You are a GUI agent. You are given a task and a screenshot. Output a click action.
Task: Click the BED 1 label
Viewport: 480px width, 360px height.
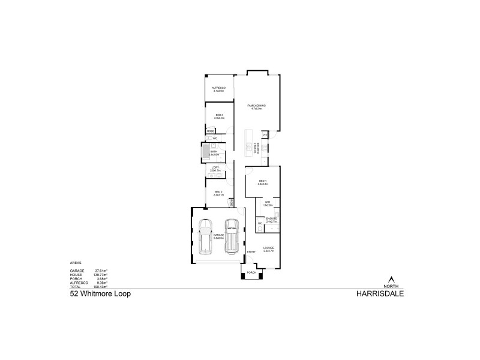[263, 182]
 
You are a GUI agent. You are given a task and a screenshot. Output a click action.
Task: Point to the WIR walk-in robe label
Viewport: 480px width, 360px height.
[268, 203]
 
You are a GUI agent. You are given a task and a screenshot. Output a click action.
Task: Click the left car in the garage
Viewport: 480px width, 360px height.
[206, 236]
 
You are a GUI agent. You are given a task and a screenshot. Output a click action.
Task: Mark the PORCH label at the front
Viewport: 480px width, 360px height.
[251, 272]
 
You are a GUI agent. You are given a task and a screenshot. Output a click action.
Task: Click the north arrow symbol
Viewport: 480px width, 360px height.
[392, 279]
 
